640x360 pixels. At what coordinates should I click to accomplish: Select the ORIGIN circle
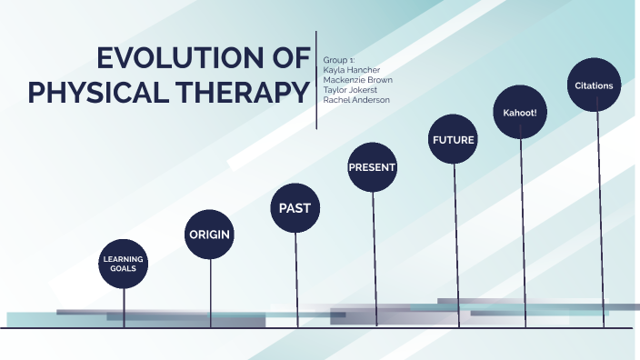click(209, 235)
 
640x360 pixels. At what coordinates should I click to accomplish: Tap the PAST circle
click(295, 207)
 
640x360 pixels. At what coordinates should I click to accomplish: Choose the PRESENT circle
click(372, 167)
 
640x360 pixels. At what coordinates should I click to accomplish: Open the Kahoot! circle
click(518, 113)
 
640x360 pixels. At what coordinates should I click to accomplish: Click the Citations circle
click(594, 85)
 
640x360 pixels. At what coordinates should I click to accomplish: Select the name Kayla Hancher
click(352, 69)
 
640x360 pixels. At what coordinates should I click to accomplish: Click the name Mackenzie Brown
click(358, 79)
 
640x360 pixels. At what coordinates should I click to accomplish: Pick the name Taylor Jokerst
click(351, 89)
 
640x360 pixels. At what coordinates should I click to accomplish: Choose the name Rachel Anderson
click(356, 99)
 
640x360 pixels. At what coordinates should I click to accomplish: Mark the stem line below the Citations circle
click(600, 218)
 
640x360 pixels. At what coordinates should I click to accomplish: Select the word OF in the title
click(290, 59)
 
